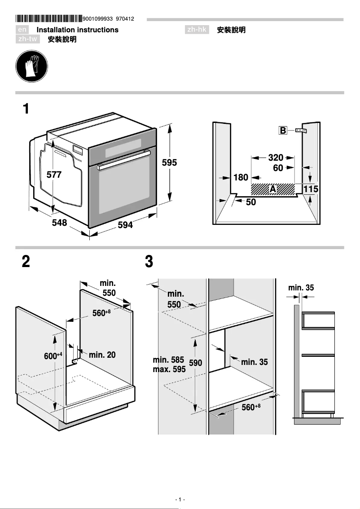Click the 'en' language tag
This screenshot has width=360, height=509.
point(22,30)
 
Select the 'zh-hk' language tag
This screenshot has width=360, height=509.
point(197,30)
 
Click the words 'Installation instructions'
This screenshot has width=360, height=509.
point(77,30)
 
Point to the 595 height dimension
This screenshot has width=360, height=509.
point(170,163)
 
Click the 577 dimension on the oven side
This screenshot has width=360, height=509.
point(54,175)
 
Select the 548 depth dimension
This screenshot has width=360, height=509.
point(59,222)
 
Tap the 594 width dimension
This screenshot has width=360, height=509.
point(125,225)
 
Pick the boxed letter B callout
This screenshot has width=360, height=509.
point(283,131)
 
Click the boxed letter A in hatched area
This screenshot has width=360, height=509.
point(272,189)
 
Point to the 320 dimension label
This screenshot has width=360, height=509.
point(276,158)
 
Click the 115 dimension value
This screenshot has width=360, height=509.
point(311,189)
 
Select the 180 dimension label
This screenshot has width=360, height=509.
point(241,178)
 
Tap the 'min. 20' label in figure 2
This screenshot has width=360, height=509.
point(102,355)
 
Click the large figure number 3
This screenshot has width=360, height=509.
point(149,262)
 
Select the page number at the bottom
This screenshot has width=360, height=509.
point(180,500)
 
